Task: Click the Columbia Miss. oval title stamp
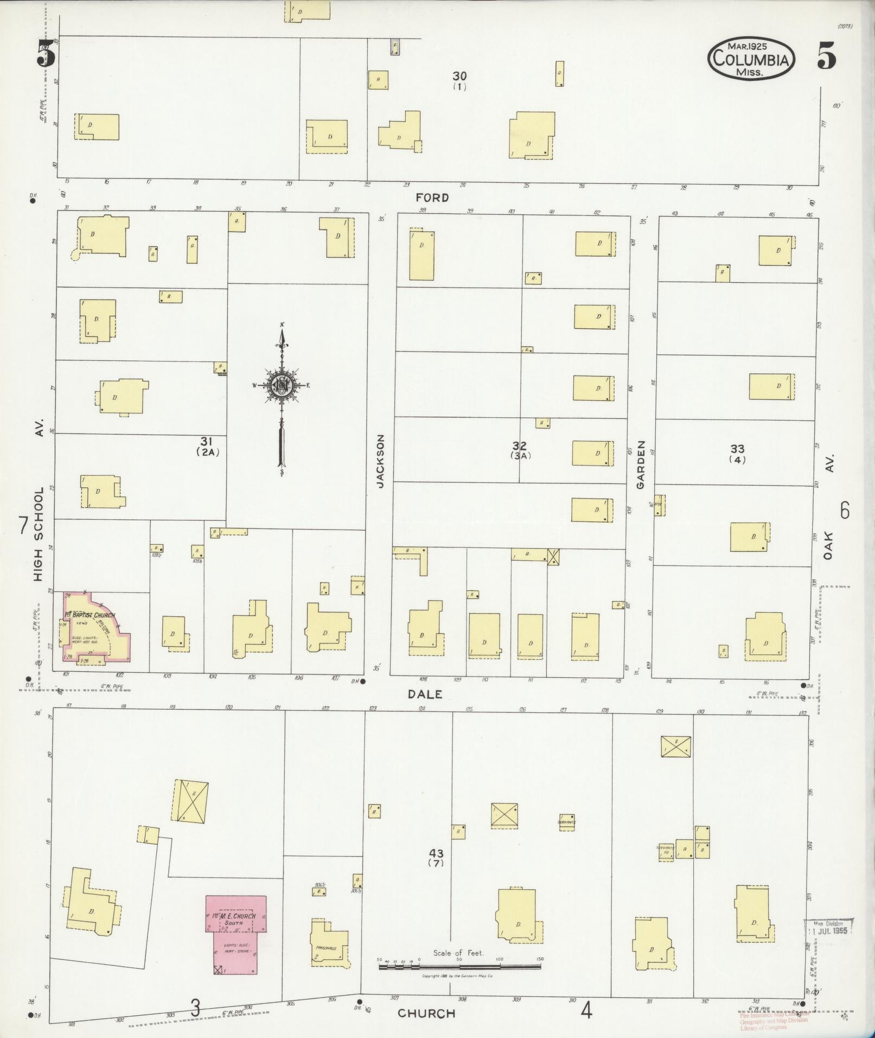(751, 58)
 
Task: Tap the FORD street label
(432, 198)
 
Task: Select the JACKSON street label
(380, 461)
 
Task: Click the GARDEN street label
(641, 464)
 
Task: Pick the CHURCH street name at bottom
(426, 1013)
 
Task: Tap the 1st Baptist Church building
(95, 627)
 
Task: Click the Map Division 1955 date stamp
(828, 926)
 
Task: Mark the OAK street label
(828, 545)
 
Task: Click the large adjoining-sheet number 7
(23, 525)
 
